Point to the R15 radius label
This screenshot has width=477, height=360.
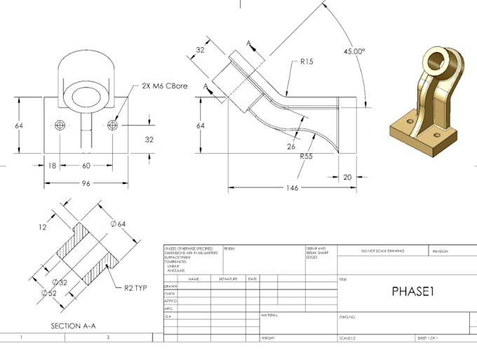(306, 62)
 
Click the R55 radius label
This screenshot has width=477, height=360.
(305, 156)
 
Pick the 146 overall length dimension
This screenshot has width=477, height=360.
(292, 187)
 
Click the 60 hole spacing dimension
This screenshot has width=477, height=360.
(86, 166)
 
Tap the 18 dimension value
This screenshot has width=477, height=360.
(53, 166)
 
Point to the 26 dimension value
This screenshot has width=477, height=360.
(290, 146)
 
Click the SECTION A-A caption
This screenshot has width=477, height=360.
(74, 326)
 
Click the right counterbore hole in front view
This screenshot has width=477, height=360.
(114, 126)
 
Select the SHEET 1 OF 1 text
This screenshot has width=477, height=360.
(427, 338)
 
